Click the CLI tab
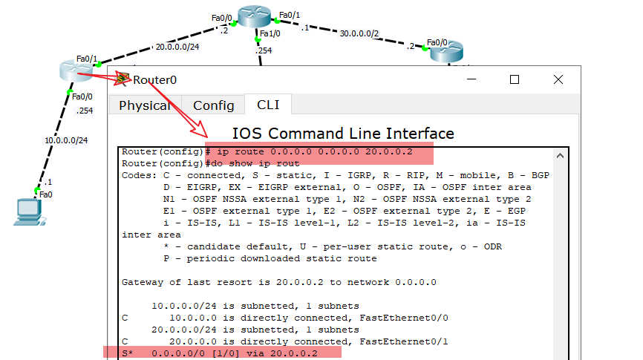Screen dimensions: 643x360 pos(269,105)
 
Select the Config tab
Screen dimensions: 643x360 pos(214,105)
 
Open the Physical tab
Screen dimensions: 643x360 pos(145,105)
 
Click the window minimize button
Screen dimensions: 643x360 pos(471,79)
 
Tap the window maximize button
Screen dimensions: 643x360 pos(514,79)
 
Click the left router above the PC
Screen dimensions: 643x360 pos(76,71)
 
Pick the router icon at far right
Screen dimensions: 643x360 pos(446,52)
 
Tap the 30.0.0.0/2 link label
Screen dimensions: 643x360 pos(359,33)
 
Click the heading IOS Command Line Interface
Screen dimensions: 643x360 pos(343,134)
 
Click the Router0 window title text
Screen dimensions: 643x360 pos(155,79)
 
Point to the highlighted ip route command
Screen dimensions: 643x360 pos(319,152)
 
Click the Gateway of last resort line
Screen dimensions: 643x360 pos(279,282)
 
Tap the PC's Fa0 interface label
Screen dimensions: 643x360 pos(46,194)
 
